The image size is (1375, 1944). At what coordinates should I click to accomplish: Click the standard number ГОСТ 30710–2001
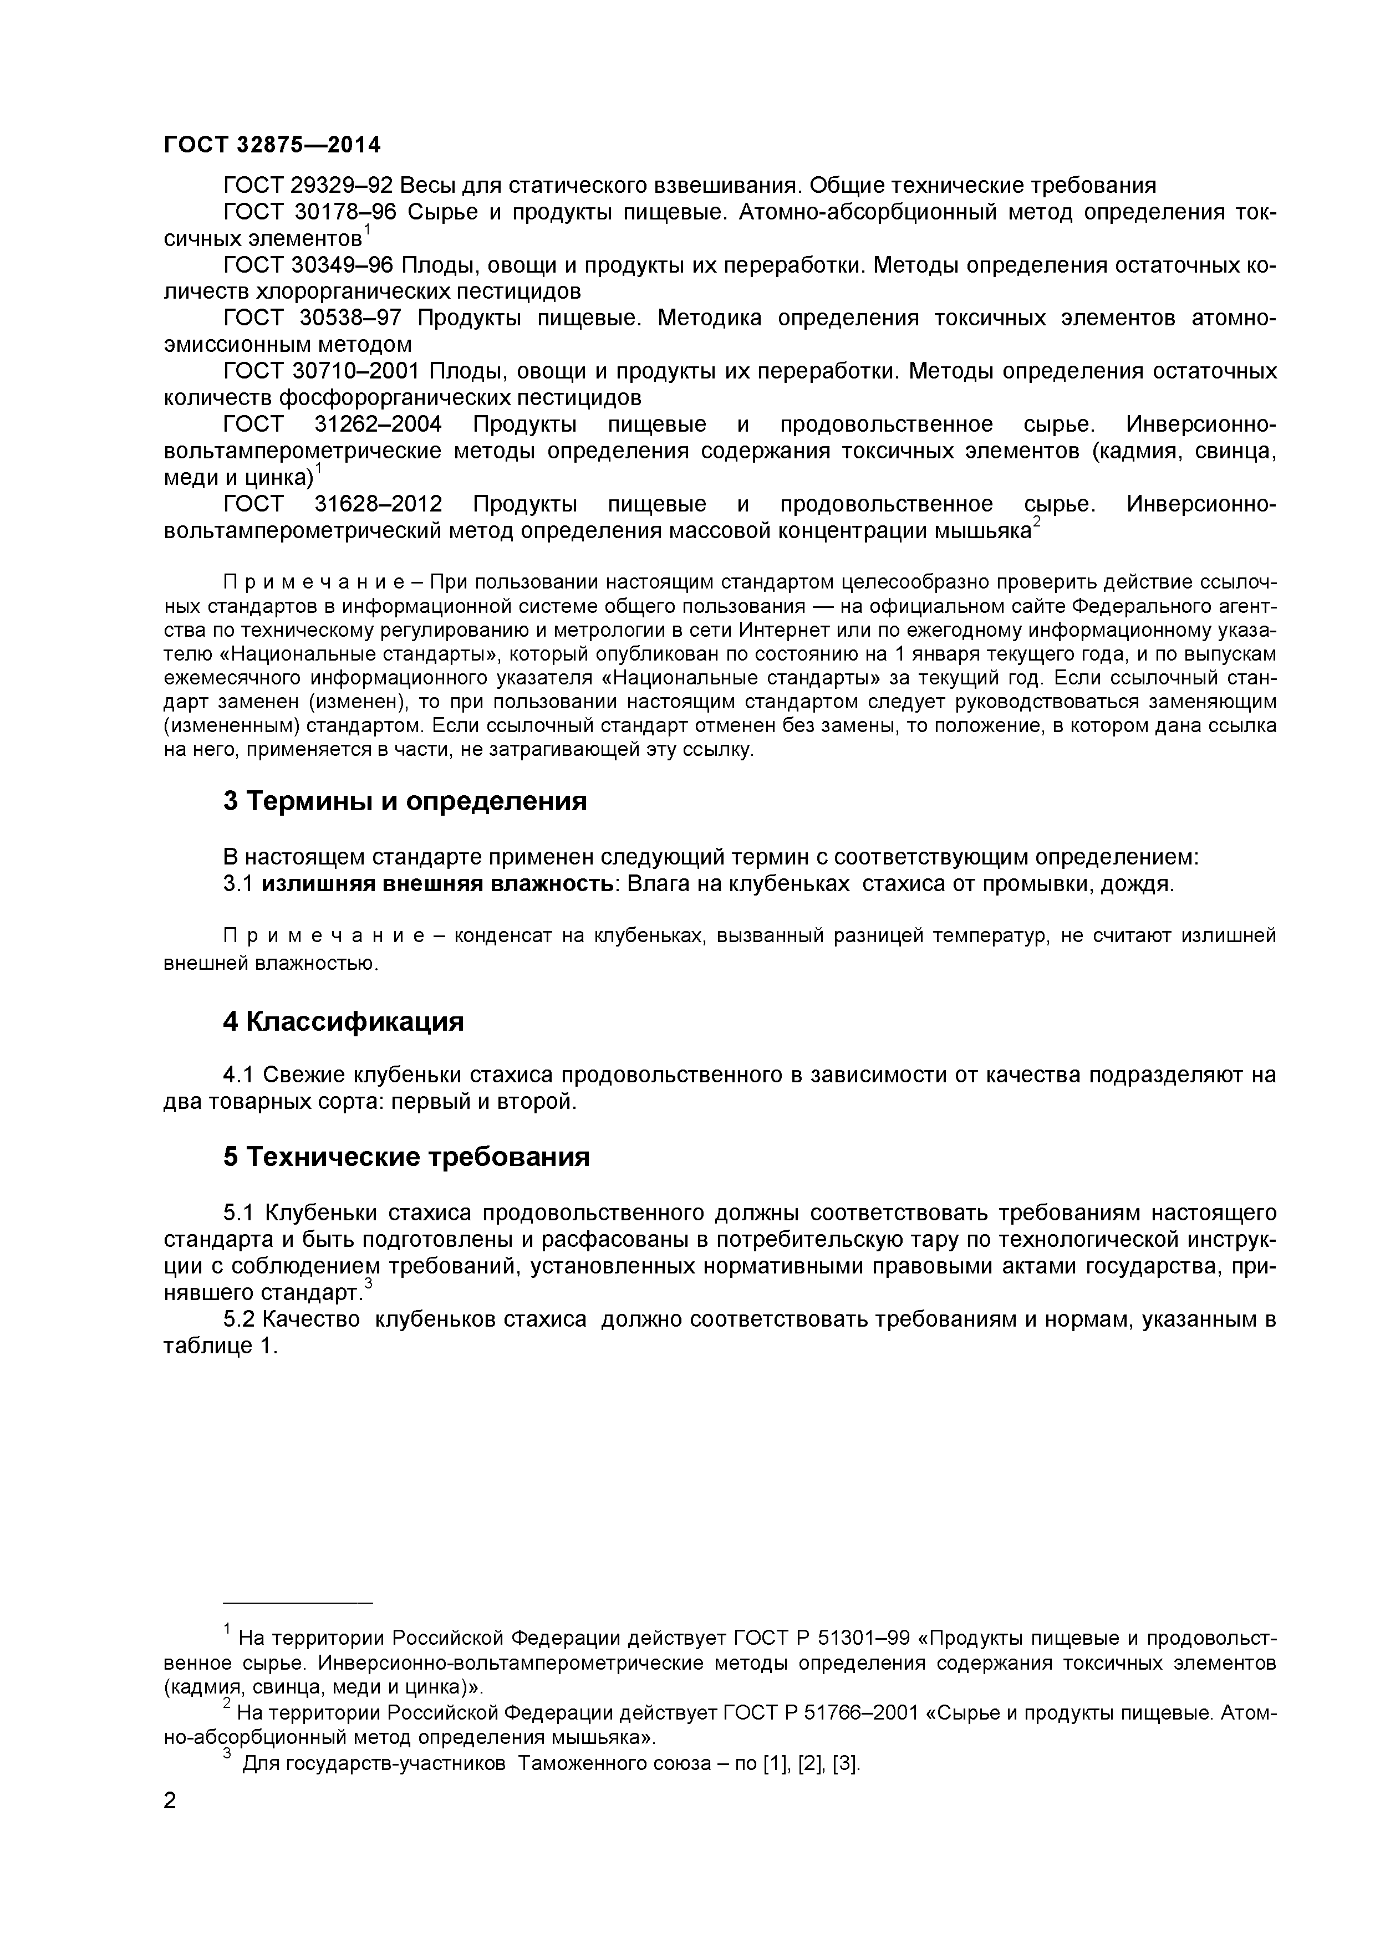coord(322,372)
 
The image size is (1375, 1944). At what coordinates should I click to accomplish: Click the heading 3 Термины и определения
coord(405,801)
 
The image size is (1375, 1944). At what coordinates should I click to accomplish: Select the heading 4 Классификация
coord(343,1022)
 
